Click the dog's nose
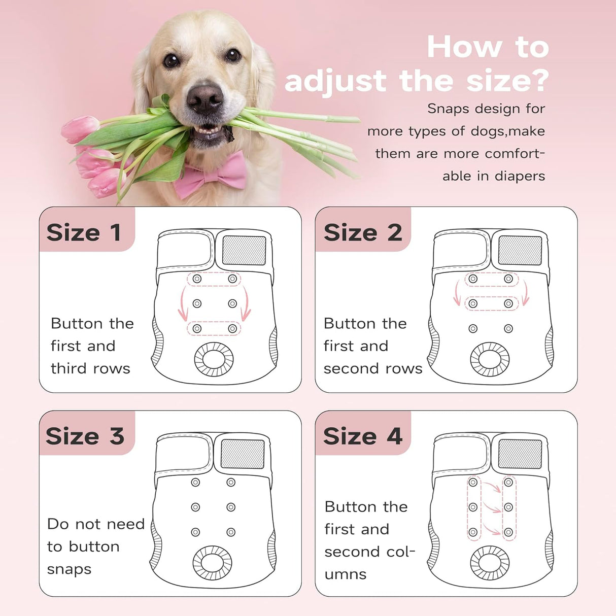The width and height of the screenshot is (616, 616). pos(205,97)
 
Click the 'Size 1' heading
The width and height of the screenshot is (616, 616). pos(84,233)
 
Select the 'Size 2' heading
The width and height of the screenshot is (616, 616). pos(362,233)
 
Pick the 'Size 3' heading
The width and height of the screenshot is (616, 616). pos(85,436)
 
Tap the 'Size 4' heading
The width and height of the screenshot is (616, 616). pos(362,436)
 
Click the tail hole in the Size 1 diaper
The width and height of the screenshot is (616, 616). pos(214,359)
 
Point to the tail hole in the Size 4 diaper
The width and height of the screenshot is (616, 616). pos(490,563)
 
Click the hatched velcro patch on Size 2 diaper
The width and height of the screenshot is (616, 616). pos(520,251)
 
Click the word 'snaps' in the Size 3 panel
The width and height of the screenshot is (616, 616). pos(69,569)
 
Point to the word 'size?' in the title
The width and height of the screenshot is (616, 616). pos(507,81)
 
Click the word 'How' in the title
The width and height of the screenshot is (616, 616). pos(464,47)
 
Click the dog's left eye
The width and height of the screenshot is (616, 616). pos(172,60)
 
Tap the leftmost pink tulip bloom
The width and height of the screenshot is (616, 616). pos(80,128)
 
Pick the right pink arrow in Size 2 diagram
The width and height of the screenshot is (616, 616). pos(526,293)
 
